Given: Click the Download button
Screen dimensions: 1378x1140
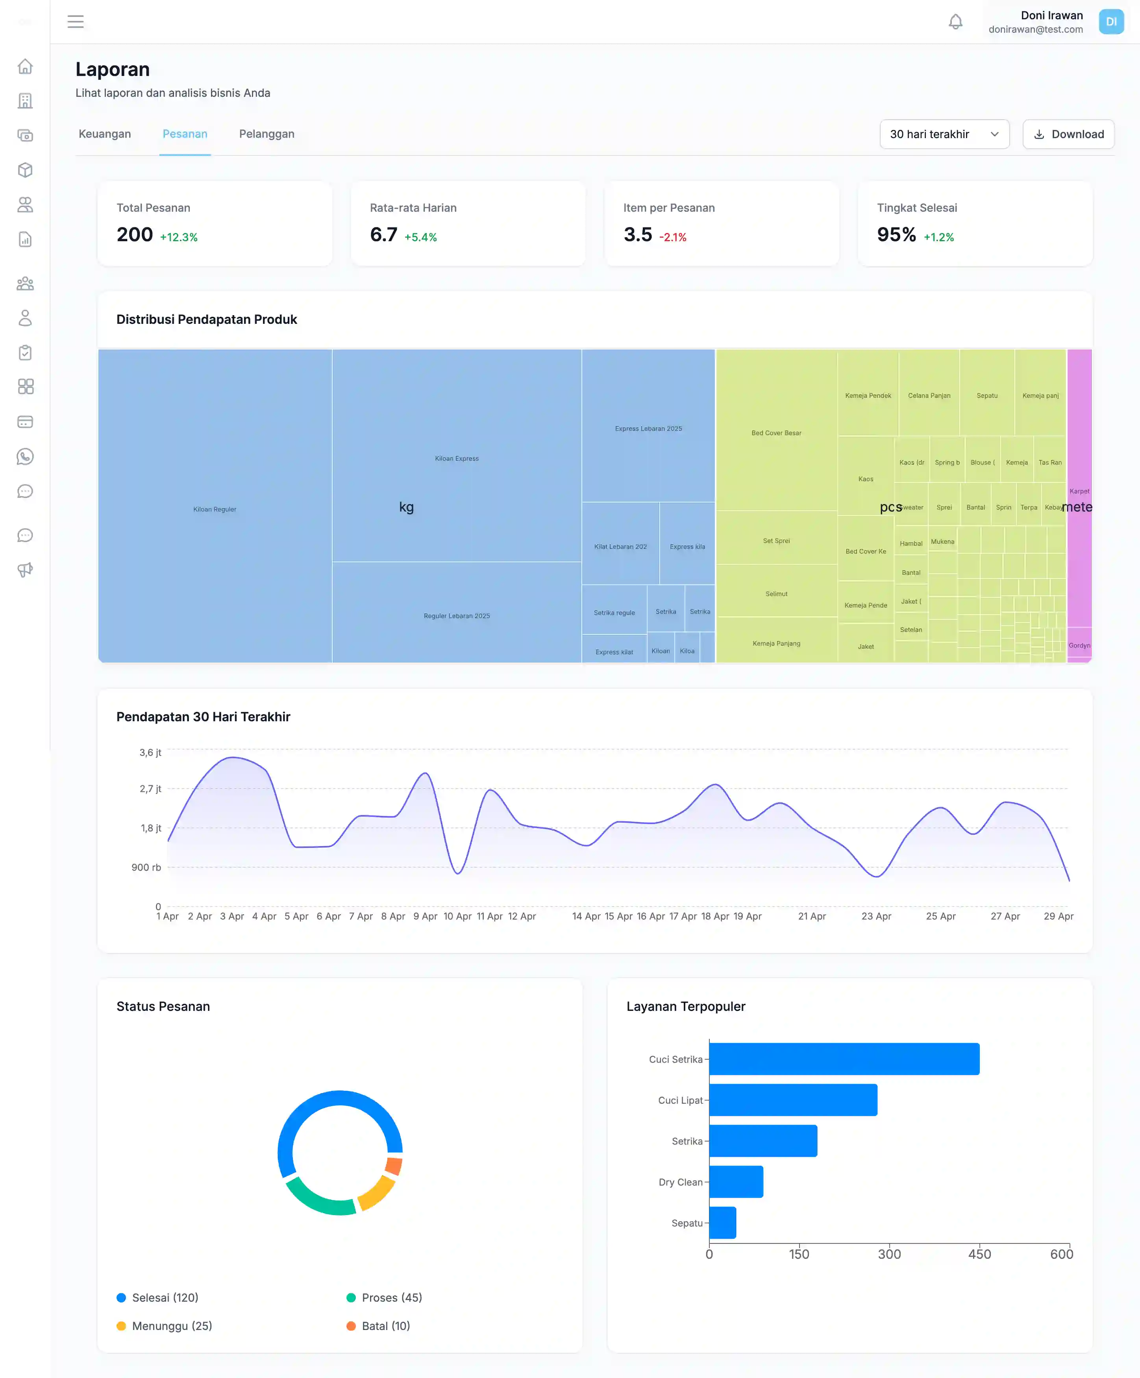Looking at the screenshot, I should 1068,134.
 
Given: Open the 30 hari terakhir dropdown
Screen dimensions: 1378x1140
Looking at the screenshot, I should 944,134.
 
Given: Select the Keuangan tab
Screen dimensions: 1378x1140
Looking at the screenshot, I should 105,134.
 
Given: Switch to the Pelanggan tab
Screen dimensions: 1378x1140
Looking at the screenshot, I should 266,134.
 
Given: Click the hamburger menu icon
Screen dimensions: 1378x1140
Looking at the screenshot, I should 76,22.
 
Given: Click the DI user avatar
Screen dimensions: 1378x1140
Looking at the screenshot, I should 1110,22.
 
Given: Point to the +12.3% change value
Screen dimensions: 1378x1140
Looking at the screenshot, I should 178,237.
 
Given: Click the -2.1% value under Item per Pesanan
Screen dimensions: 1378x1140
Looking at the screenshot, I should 673,237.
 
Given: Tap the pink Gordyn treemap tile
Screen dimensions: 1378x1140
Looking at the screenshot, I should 1079,645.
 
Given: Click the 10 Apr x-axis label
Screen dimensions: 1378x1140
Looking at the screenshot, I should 457,916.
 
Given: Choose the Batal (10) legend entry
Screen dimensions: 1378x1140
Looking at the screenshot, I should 385,1326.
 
